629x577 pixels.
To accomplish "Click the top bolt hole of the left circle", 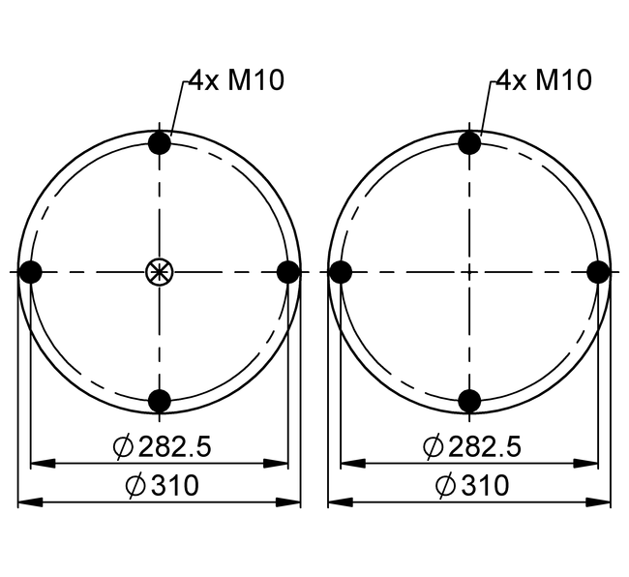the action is [x=160, y=143].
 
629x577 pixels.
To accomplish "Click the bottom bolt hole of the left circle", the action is [x=160, y=401].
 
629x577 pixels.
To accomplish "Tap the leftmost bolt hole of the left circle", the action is [x=31, y=272].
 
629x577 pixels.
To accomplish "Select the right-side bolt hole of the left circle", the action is [x=288, y=272].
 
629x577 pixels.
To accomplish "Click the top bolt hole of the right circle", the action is [x=469, y=143].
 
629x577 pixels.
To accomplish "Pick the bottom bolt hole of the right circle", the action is [x=469, y=401].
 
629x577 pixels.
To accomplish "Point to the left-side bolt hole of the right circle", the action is [x=341, y=272].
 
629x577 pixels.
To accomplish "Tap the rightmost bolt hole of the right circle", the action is [x=598, y=272].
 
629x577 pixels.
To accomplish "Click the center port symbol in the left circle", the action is [x=160, y=272].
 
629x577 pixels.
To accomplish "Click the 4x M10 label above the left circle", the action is [x=236, y=79].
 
